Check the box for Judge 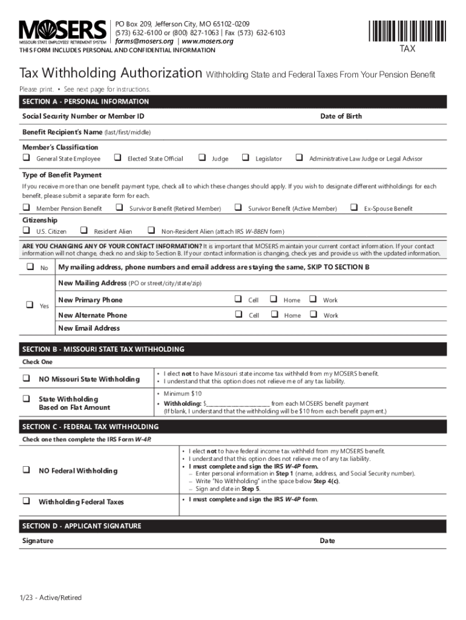[x=202, y=158]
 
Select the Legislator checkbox [x=245, y=158]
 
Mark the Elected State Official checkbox [x=117, y=158]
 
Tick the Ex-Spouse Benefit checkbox [x=353, y=208]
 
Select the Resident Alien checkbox [x=84, y=231]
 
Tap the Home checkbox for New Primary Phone [x=273, y=299]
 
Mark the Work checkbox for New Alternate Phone [x=313, y=314]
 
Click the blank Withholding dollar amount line [x=238, y=404]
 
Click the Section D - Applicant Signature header [x=82, y=526]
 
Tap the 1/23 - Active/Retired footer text [x=50, y=598]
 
